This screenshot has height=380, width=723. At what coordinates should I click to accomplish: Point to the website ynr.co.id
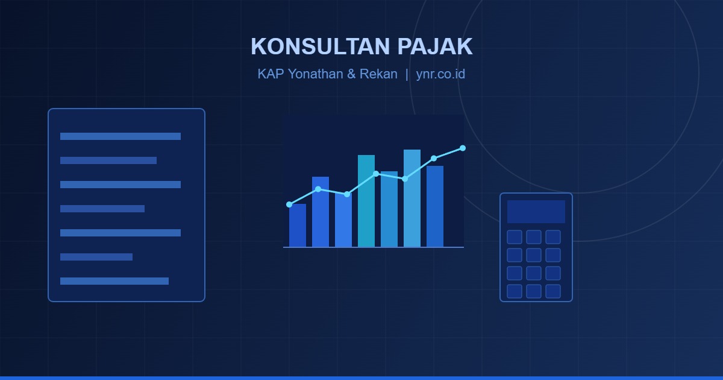coord(440,74)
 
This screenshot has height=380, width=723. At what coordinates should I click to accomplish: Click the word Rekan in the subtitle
coord(378,74)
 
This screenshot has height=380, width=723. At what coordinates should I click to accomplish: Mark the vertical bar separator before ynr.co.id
coord(407,74)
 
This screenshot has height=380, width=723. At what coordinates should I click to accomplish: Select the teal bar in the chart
coord(366,201)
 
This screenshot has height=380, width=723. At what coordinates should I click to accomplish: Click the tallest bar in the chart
coord(412,198)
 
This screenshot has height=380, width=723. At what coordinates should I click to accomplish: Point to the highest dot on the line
coord(463,148)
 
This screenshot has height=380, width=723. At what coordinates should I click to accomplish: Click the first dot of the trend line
coord(289,204)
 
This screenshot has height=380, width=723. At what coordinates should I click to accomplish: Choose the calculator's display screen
coord(536,212)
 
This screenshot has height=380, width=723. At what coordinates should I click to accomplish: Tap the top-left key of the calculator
coord(515,237)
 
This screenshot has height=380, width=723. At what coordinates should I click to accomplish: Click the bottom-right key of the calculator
coord(553,291)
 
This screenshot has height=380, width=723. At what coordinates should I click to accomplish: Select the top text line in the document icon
coord(120,136)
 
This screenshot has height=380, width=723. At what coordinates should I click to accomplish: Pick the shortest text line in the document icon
coord(96,257)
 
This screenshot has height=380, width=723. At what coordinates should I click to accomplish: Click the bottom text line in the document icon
coord(114,281)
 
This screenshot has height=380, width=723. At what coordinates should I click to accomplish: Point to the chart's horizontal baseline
coord(374,247)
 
